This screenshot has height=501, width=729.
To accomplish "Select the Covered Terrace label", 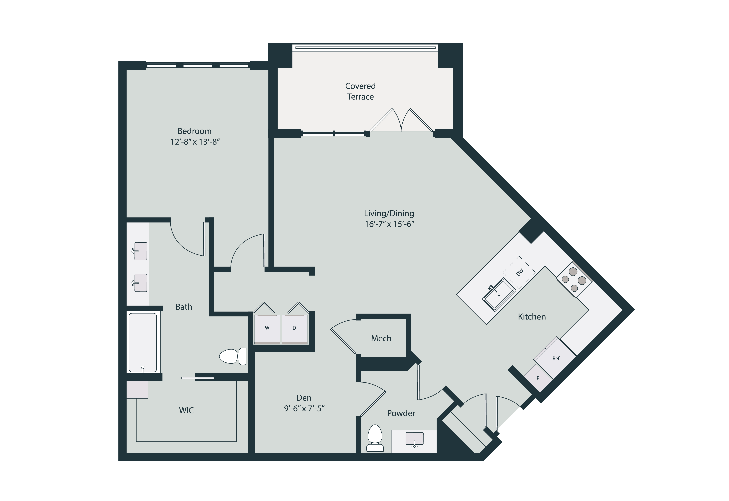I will point(360,91).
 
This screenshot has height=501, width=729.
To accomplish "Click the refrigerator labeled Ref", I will point(555,358).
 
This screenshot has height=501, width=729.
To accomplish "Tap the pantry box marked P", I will point(538,378).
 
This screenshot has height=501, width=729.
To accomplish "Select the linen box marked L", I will point(137,390).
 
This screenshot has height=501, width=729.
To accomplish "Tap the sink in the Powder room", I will point(414,439).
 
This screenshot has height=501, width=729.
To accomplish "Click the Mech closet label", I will point(381,338).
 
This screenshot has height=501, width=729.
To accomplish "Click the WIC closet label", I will point(186,410).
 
